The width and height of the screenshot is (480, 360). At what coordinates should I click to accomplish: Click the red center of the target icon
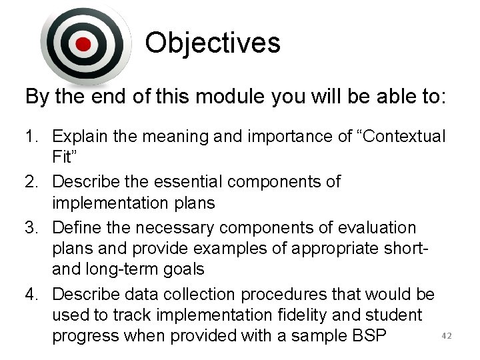(x=83, y=45)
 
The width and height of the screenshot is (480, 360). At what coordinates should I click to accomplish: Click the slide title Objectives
(x=213, y=43)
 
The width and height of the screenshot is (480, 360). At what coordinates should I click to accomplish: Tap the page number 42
(x=447, y=336)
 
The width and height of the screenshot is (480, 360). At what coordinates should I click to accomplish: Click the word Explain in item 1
(x=85, y=137)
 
